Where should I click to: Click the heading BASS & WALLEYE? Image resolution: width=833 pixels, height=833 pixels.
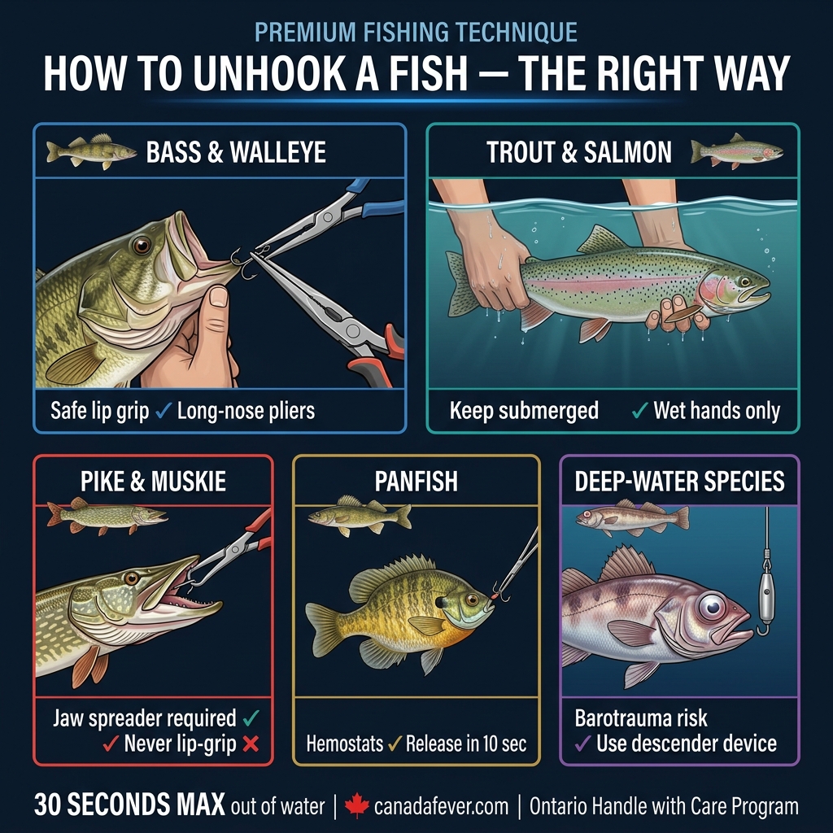click(x=235, y=152)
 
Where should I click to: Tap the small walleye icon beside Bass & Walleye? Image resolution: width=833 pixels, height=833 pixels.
click(x=91, y=151)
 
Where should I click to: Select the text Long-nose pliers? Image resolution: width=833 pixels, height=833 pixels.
click(x=246, y=411)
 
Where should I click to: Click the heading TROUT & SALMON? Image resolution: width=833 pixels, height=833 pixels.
click(x=579, y=152)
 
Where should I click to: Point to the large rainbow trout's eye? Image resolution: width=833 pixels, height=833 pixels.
click(x=743, y=281)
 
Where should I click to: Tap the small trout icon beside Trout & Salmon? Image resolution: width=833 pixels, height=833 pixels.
click(x=736, y=151)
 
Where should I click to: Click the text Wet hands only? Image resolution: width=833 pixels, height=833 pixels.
click(x=716, y=411)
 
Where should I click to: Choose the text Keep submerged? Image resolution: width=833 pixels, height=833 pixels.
click(x=524, y=411)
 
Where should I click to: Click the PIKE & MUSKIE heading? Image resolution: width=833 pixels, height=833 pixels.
click(x=153, y=482)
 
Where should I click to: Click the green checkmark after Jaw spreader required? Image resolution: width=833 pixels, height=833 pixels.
click(x=251, y=718)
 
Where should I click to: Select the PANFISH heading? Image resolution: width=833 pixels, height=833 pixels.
click(x=416, y=482)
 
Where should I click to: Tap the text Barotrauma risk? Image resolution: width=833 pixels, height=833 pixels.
click(x=641, y=718)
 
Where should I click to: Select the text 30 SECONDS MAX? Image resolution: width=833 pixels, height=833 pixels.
click(x=129, y=805)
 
